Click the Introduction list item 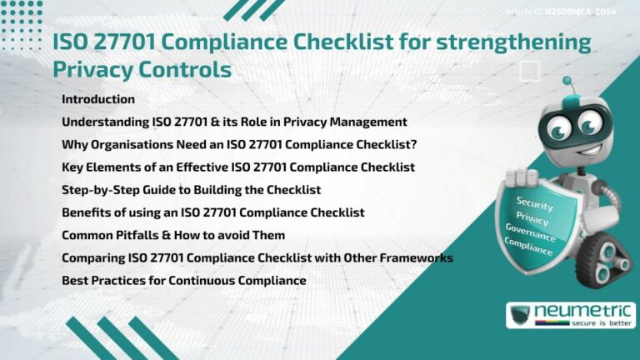click(x=98, y=99)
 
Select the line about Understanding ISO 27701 click(x=234, y=122)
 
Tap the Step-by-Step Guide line click(x=191, y=190)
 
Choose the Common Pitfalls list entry click(x=173, y=235)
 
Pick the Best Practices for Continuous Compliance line click(x=183, y=281)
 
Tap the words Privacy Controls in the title click(x=142, y=68)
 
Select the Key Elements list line click(x=238, y=167)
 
